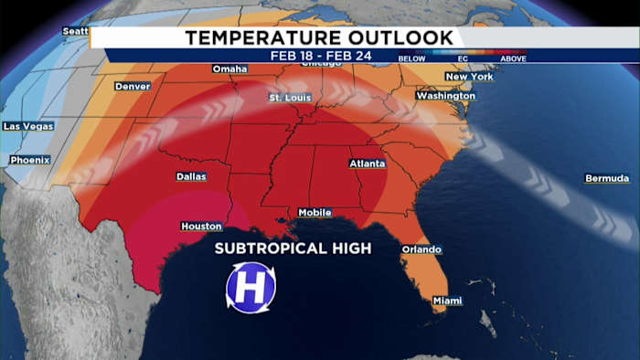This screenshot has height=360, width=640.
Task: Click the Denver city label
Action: pyautogui.click(x=133, y=87)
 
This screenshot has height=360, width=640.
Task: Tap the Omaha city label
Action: pyautogui.click(x=229, y=69)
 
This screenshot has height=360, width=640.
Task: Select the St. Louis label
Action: pyautogui.click(x=291, y=97)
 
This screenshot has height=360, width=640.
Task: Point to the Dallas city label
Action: pyautogui.click(x=190, y=177)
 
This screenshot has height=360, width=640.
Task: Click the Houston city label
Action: pyautogui.click(x=201, y=227)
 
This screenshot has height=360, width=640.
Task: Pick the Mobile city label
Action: pyautogui.click(x=315, y=213)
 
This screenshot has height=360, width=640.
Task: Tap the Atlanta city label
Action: pyautogui.click(x=368, y=164)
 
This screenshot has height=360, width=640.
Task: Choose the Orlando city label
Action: pyautogui.click(x=421, y=249)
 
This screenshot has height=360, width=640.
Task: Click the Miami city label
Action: pyautogui.click(x=448, y=301)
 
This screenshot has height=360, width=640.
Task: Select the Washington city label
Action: pyautogui.click(x=445, y=96)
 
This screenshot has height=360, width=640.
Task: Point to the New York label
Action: pyautogui.click(x=469, y=77)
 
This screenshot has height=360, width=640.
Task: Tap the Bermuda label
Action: pyautogui.click(x=607, y=178)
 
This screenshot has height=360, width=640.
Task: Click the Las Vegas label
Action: pyautogui.click(x=27, y=126)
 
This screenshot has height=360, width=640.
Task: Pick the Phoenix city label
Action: pyautogui.click(x=29, y=161)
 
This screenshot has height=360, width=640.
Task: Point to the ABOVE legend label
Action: pyautogui.click(x=513, y=58)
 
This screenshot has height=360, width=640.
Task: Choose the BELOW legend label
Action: pyautogui.click(x=411, y=58)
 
